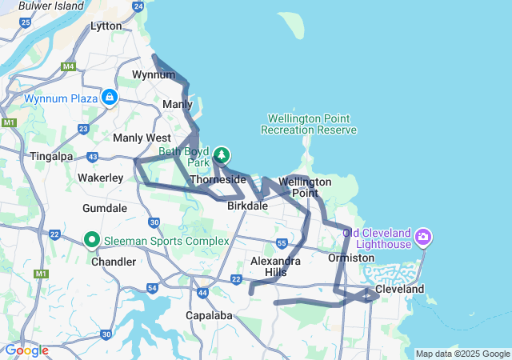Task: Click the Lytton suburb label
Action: pos(106,26)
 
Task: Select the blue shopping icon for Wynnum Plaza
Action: pos(110,98)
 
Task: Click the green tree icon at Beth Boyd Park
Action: pos(222,155)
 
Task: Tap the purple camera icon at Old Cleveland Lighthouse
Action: pos(423,237)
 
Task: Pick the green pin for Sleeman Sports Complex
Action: pos(92,240)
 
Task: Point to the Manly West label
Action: pos(142,138)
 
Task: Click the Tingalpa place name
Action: pos(51,156)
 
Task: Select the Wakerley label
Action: pos(100,177)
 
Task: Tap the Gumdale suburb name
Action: pos(105,208)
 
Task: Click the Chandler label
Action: pos(114,262)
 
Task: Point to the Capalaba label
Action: pos(210,315)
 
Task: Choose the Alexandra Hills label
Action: pos(275,266)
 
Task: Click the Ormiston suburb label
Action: pos(351,258)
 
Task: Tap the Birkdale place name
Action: pos(247,206)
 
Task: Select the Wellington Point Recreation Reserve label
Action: pos(309,124)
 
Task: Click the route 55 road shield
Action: pos(282,242)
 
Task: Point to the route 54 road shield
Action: pos(153,288)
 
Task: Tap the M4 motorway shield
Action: pos(69,66)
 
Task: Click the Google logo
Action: pos(26,350)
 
